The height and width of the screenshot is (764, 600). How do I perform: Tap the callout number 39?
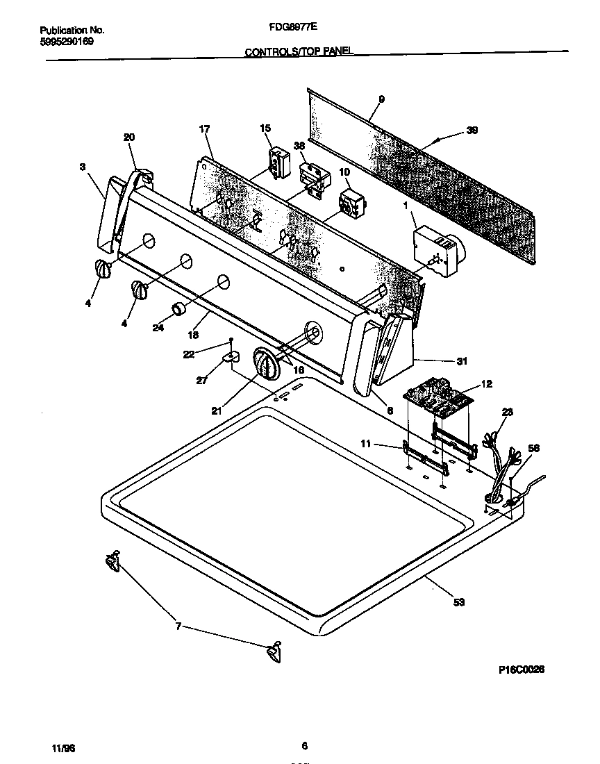[x=472, y=130]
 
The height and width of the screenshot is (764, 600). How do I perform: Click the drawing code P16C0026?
[x=521, y=670]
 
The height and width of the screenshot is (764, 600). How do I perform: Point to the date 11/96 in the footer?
[x=63, y=748]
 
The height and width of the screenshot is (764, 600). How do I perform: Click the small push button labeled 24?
[x=180, y=310]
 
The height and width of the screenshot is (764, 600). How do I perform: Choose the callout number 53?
[x=458, y=601]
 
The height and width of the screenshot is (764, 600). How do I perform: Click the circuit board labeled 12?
[x=437, y=397]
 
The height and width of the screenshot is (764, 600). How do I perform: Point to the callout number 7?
[x=178, y=626]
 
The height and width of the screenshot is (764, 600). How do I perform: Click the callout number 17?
[x=204, y=129]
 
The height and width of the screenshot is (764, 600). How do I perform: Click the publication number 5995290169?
[x=66, y=42]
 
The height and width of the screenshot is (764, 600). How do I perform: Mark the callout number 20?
[x=129, y=138]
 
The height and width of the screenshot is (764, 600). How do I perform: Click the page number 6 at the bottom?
[x=304, y=747]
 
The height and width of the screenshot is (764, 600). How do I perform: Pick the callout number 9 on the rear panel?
[x=381, y=99]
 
